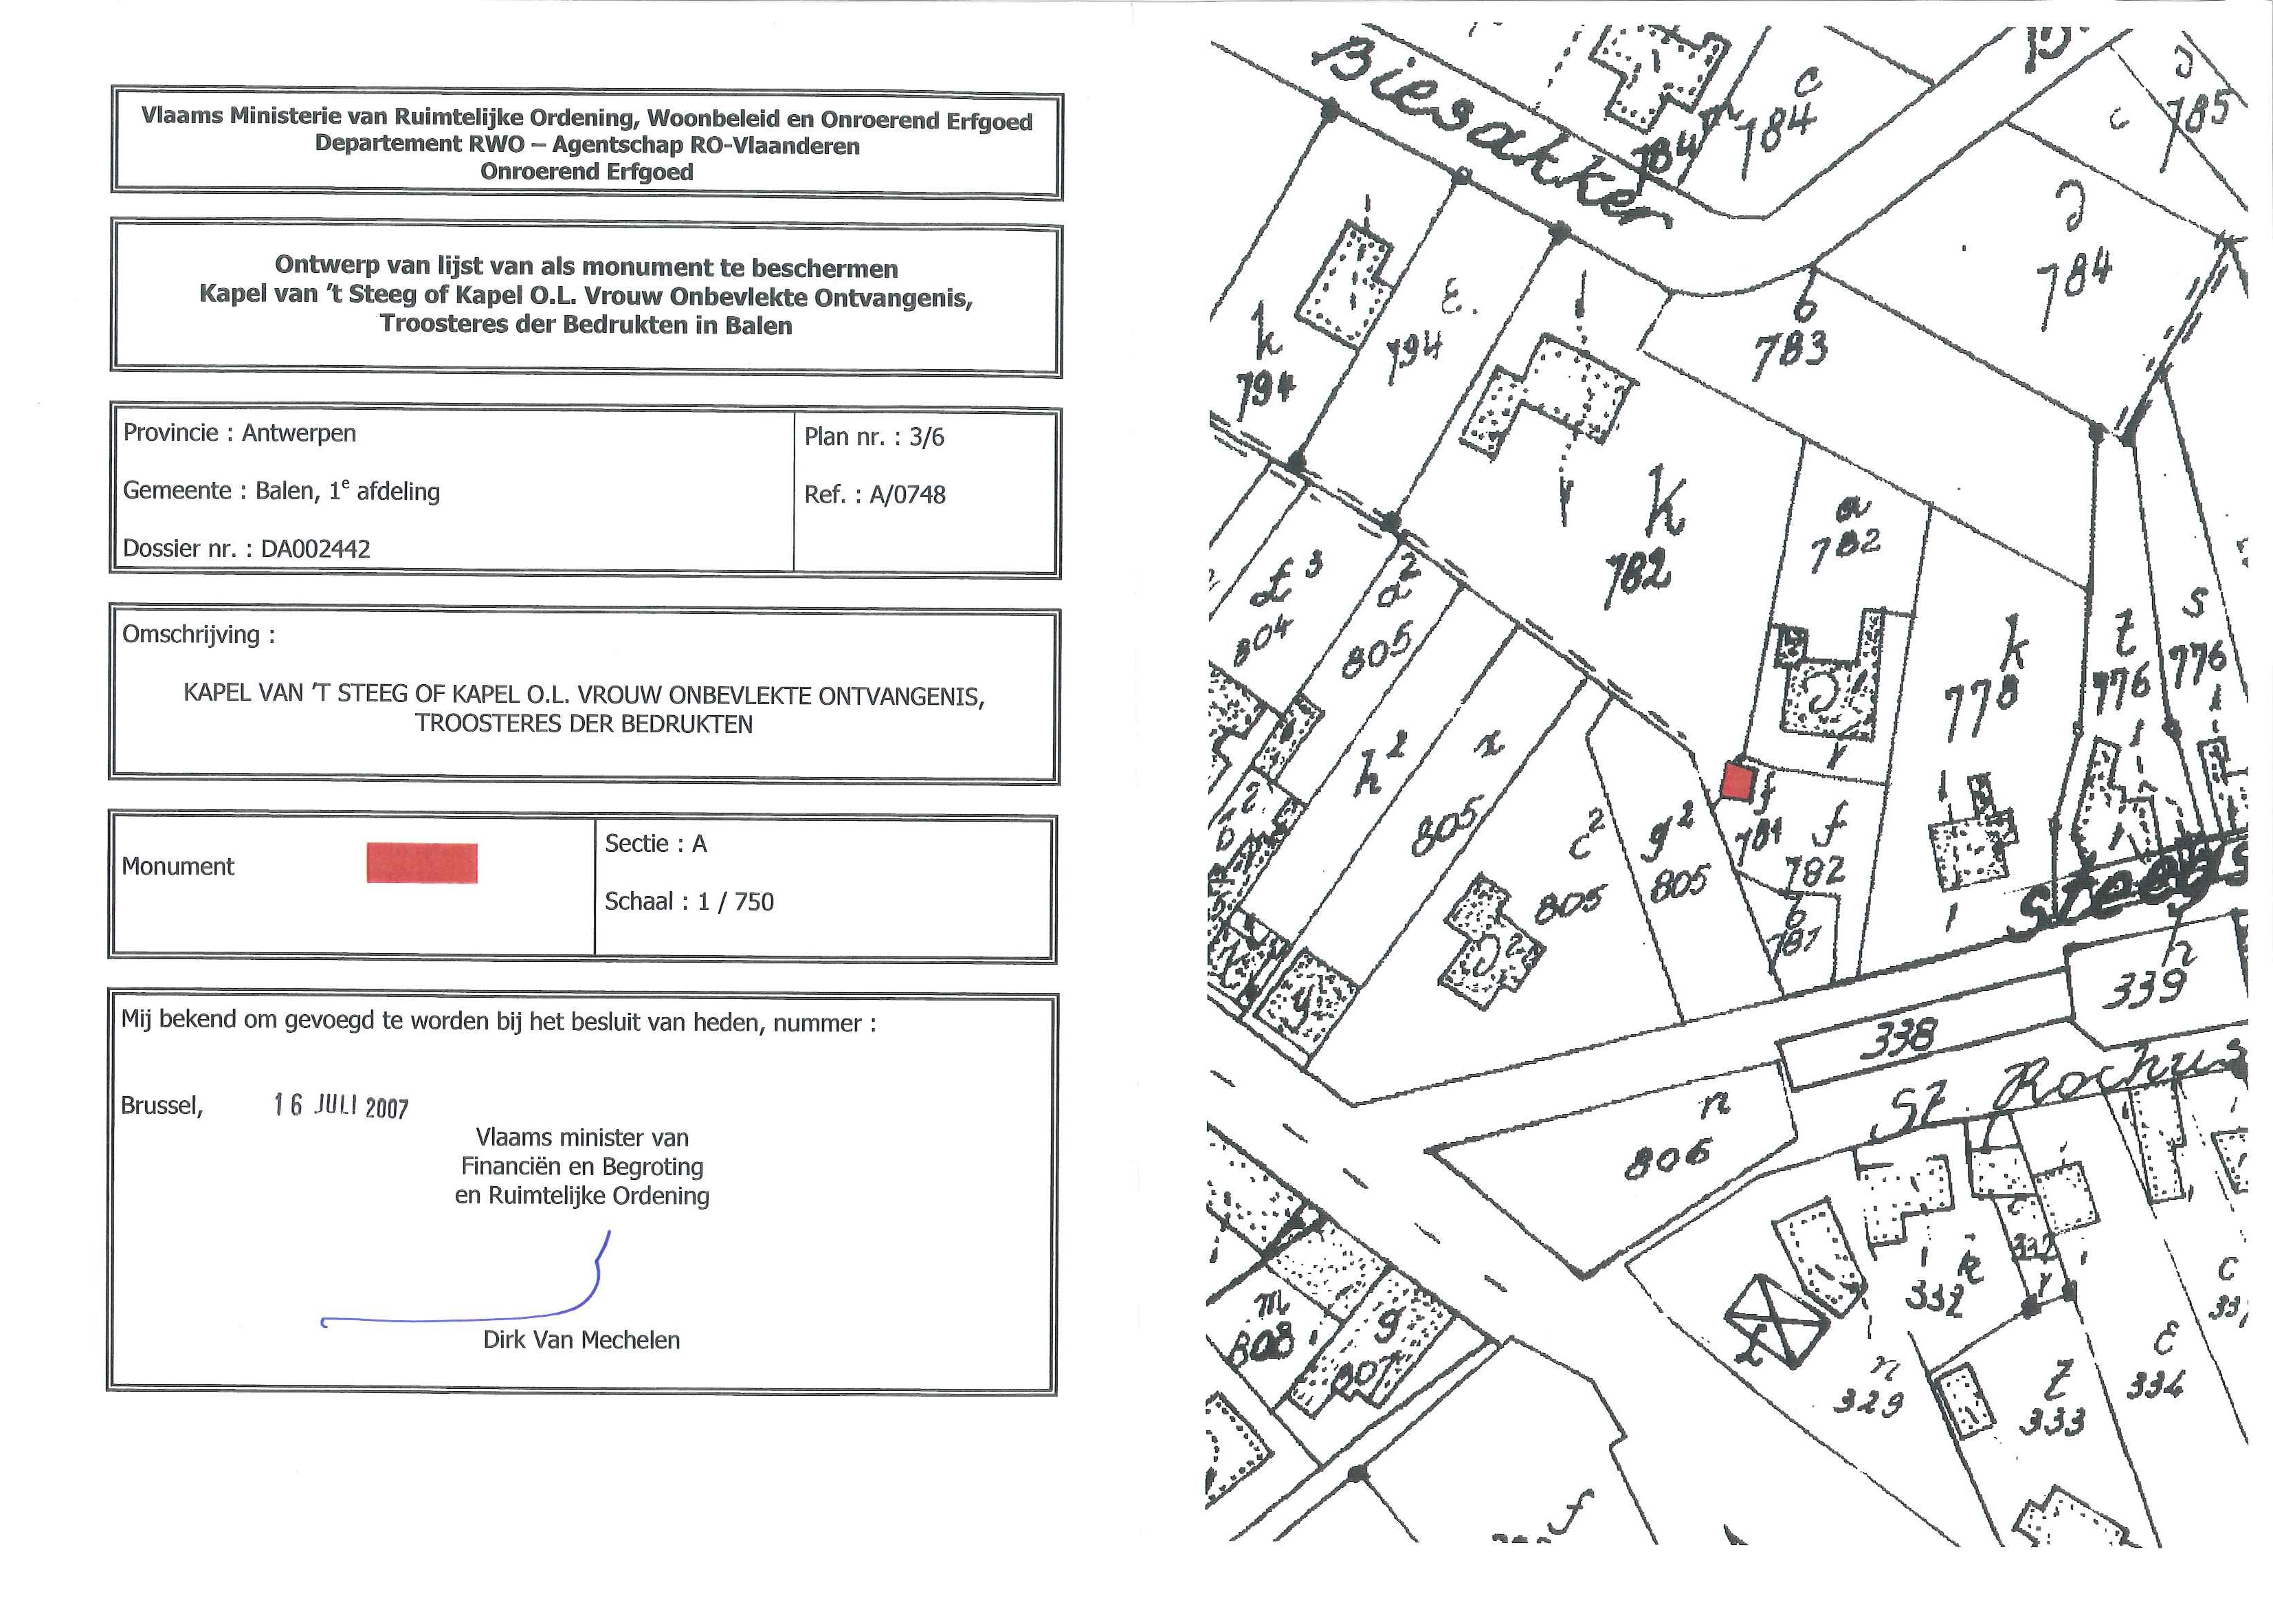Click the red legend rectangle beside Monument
422,863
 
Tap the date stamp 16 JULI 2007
341,1106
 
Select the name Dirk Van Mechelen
581,1341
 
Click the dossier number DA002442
315,549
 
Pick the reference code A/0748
907,494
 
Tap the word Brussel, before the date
162,1106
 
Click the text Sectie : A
656,844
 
